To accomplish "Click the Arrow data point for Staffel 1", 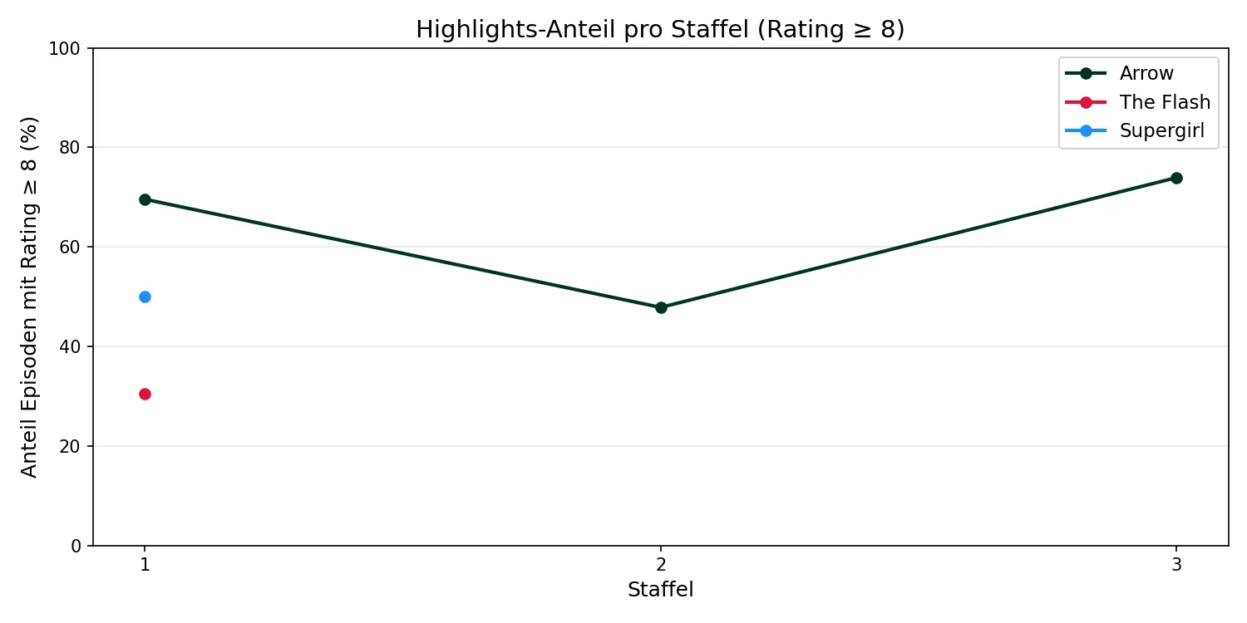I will tap(145, 199).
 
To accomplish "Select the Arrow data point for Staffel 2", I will tap(661, 307).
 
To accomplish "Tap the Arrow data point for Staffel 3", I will tap(1176, 178).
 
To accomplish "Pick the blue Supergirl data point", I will tap(145, 297).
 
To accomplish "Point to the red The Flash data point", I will tap(145, 394).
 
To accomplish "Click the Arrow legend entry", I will tap(1146, 73).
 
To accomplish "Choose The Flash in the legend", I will tap(1164, 102).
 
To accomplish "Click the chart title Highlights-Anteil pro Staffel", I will tap(660, 30).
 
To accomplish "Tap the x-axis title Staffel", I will tap(660, 590).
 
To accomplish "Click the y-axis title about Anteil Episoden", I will tap(30, 297).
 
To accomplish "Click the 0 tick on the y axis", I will tap(76, 546).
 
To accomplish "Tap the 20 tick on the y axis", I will tap(71, 446).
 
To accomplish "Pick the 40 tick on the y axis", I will tap(71, 346).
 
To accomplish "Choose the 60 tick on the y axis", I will tap(71, 247).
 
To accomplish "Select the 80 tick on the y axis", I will tap(71, 148).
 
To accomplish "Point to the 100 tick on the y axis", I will tap(68, 48).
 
